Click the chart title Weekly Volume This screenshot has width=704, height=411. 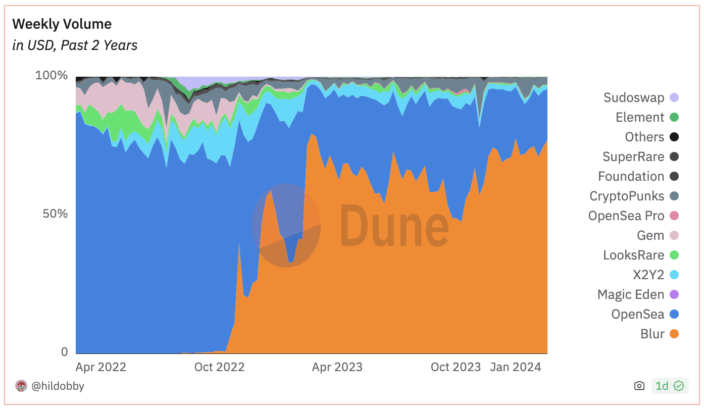(x=62, y=24)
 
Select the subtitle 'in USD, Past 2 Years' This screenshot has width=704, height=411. (x=75, y=45)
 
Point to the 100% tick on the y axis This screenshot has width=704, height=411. (x=52, y=75)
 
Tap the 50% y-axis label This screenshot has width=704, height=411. (x=56, y=214)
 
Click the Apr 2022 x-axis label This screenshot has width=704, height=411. (x=101, y=367)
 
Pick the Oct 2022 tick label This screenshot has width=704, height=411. (x=219, y=367)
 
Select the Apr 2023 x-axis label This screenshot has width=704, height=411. (x=337, y=367)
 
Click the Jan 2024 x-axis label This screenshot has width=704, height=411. (x=516, y=367)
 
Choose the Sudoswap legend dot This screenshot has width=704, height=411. (x=674, y=97)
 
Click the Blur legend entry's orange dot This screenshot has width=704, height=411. (x=674, y=334)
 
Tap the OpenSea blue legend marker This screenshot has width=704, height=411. (x=674, y=314)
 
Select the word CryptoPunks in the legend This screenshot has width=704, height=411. (x=627, y=196)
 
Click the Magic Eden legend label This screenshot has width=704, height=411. (x=631, y=294)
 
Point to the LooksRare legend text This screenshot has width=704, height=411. (x=634, y=255)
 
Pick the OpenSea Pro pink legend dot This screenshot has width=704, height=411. (x=674, y=216)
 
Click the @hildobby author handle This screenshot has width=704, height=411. (x=58, y=386)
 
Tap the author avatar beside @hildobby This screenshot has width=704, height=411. (x=21, y=386)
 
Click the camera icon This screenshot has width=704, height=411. (x=639, y=386)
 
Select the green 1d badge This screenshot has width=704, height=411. (x=670, y=386)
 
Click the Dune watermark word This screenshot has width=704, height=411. (x=394, y=226)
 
